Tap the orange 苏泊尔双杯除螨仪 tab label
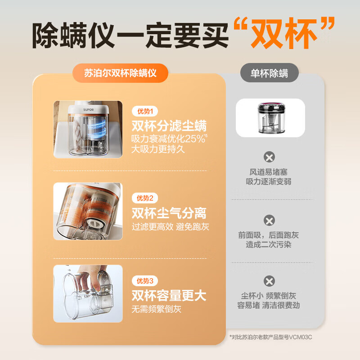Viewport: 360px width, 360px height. tap(120, 73)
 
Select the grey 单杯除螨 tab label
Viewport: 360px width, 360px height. tap(270, 73)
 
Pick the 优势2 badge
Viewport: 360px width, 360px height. tap(144, 198)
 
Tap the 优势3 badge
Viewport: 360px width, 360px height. tap(144, 281)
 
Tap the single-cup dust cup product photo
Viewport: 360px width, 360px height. tap(270, 118)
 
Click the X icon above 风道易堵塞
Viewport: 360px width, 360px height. tap(269, 157)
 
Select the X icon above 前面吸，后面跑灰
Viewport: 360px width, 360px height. tap(269, 220)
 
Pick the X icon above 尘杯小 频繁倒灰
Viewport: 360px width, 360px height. tap(269, 282)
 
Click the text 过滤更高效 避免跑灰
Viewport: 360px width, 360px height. tap(170, 227)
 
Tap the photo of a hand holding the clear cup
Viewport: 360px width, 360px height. tap(88, 293)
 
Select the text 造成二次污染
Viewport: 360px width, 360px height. tap(269, 245)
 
